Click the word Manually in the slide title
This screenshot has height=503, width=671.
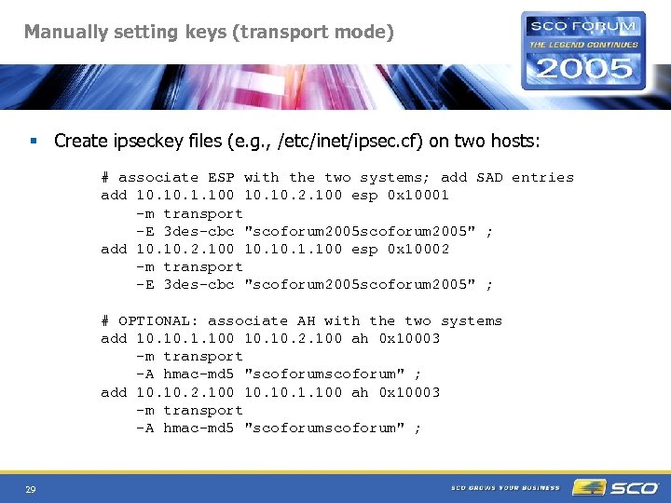click(x=62, y=32)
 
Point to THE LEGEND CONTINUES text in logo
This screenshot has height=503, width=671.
click(x=584, y=44)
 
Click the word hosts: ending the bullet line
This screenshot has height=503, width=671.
click(x=513, y=142)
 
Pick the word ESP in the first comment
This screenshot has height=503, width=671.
click(x=221, y=177)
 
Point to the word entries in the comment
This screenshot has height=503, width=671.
click(x=542, y=177)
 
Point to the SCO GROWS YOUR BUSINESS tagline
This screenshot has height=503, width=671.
click(x=506, y=488)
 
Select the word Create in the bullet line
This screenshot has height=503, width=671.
click(x=80, y=142)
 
